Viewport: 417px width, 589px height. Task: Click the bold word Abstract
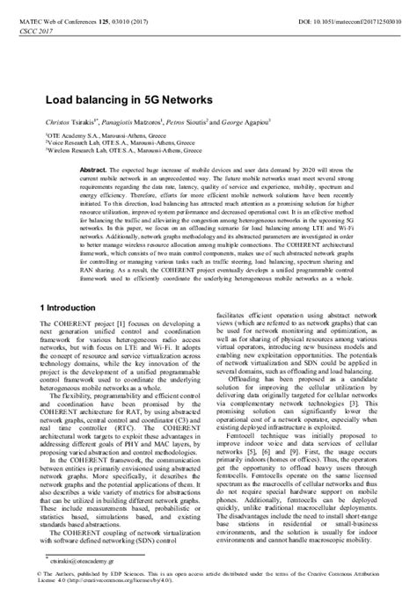coord(91,166)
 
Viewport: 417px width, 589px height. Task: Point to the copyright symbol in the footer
coord(48,571)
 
